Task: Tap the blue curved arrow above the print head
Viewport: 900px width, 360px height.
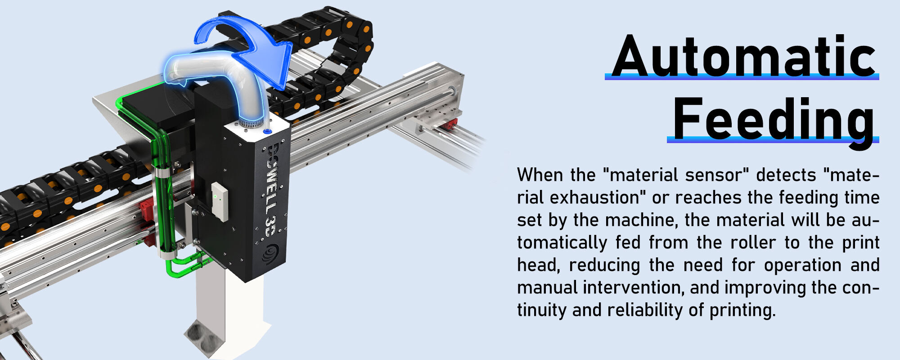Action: pos(252,45)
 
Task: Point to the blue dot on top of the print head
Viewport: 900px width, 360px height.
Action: pos(267,131)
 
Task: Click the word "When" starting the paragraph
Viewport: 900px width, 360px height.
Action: pos(540,175)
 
